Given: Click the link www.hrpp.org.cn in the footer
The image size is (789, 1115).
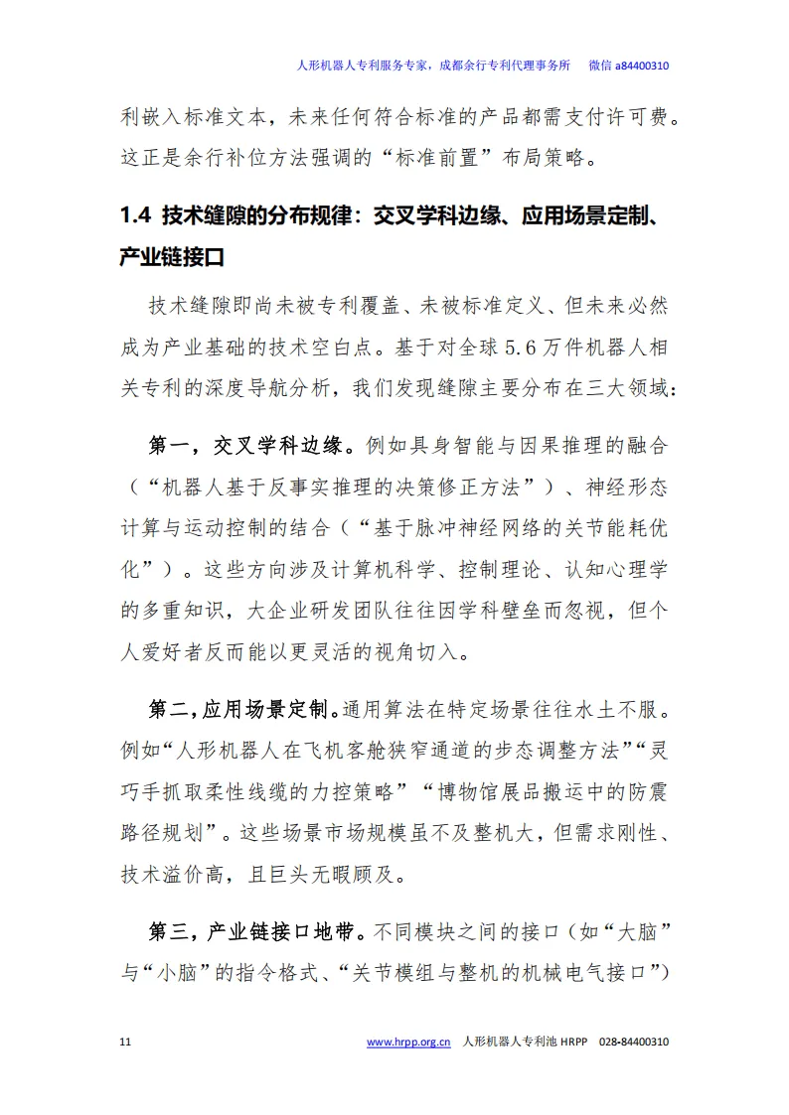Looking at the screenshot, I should [x=408, y=1043].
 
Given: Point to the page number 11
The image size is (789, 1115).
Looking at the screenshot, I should [x=124, y=1043].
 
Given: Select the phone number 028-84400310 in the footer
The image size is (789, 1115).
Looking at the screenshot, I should [x=634, y=1043].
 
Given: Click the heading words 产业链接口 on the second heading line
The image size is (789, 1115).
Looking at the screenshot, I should [x=172, y=257].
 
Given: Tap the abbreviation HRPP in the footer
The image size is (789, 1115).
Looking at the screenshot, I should [x=575, y=1043].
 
